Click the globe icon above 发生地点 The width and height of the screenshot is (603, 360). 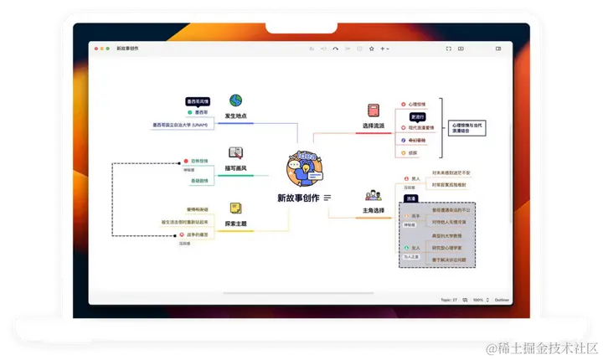coord(235,100)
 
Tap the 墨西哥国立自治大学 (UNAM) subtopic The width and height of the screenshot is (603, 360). coord(180,125)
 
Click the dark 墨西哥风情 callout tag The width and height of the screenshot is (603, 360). coord(201,100)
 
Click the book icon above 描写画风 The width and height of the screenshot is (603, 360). coord(235,153)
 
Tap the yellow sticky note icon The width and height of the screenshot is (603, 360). coord(236,208)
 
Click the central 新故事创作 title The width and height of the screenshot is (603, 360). coord(298,198)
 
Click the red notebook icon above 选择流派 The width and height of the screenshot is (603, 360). coord(374,110)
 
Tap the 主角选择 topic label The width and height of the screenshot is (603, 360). coord(374,210)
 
